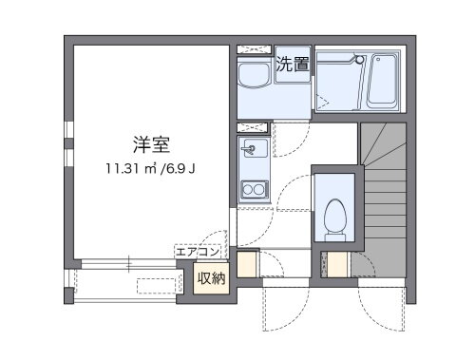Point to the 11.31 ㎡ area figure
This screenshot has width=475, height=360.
point(132,170)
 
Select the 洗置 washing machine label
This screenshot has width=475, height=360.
point(293,65)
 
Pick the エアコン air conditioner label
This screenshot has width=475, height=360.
point(198,252)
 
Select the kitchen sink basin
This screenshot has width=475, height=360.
point(253,148)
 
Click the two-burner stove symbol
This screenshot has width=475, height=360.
point(254,189)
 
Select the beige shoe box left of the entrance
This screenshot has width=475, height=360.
point(247,265)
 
